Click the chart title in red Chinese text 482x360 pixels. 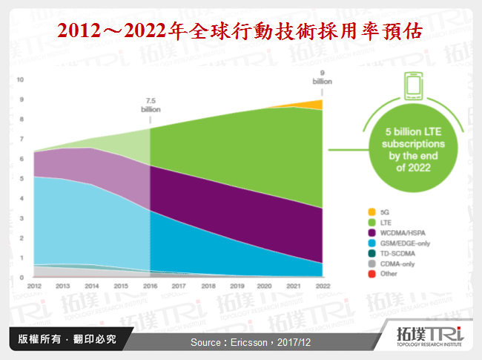tap(240, 31)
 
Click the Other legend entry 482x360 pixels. tap(388, 274)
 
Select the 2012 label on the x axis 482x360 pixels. tap(34, 286)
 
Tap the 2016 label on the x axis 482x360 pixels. tap(151, 286)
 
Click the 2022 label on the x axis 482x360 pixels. tap(322, 286)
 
